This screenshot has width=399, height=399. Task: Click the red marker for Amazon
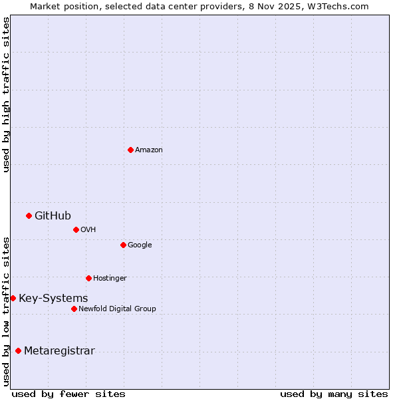130,150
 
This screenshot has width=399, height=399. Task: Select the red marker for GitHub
29,215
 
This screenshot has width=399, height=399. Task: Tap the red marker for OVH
76,229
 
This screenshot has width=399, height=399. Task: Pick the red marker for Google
123,245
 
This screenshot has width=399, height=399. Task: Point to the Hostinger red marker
88,278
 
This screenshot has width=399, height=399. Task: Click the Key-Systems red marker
13,298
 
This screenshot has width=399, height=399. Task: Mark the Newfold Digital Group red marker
74,309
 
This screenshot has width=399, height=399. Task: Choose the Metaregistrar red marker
18,350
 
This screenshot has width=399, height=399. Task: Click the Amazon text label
149,150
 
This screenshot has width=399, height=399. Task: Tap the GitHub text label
53,215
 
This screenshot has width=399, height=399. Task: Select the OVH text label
88,230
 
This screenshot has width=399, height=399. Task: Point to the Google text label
140,245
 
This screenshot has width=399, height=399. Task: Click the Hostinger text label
110,279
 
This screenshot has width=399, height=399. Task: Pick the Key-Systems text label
53,299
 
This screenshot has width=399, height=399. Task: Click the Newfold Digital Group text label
117,309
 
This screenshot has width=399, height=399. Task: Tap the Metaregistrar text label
59,351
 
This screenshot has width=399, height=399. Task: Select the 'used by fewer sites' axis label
68,394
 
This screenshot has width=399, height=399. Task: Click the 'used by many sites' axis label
334,394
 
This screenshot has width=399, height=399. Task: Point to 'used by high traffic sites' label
7,94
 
